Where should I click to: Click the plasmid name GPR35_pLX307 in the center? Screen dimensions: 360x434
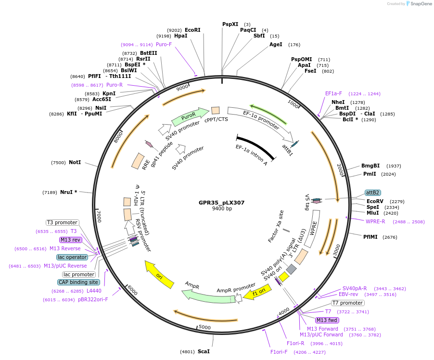click(221, 203)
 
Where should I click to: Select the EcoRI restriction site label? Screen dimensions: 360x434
click(192, 30)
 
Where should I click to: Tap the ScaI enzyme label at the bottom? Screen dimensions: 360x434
click(204, 351)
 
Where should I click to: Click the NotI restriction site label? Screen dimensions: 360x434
click(75, 163)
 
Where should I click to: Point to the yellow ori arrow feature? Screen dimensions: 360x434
click(159, 275)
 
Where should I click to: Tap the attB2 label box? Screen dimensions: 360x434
click(373, 193)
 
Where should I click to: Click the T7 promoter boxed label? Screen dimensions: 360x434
click(348, 303)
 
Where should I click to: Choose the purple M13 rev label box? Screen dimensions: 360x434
click(70, 240)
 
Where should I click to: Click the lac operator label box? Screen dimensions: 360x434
click(72, 257)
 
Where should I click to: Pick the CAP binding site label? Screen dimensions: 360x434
click(78, 283)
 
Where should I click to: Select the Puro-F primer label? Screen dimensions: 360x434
click(164, 44)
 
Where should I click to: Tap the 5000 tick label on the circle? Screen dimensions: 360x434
click(205, 327)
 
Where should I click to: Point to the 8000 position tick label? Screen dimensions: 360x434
click(118, 139)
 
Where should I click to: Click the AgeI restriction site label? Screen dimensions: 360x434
click(276, 44)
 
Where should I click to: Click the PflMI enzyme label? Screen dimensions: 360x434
click(370, 236)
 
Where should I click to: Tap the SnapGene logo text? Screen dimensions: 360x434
click(421, 4)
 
